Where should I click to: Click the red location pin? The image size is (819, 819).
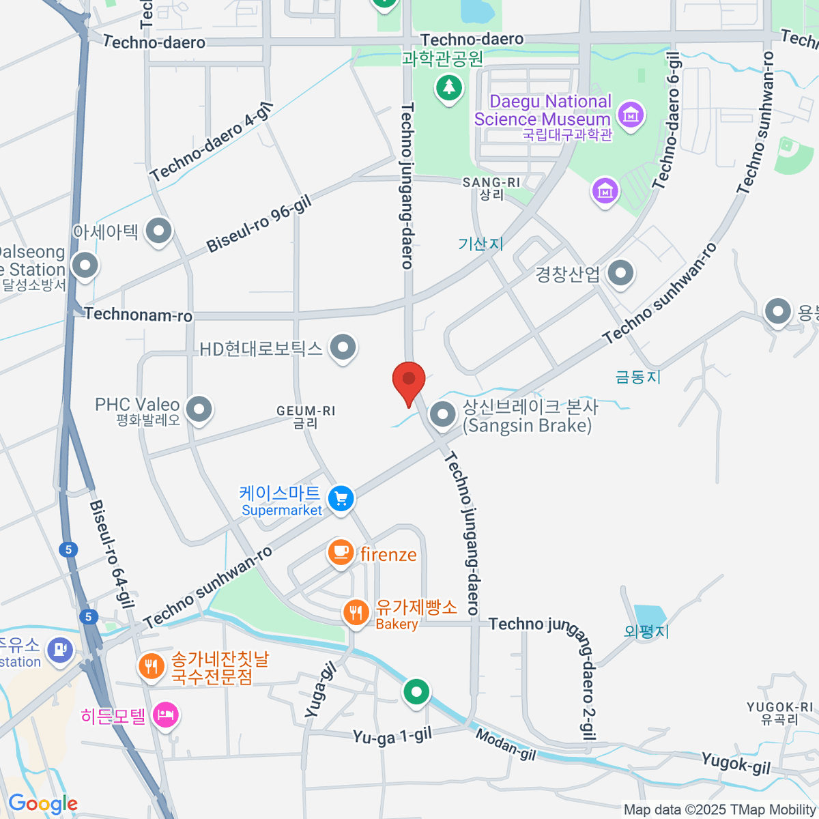click(x=409, y=379)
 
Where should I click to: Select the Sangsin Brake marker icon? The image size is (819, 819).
click(x=443, y=414)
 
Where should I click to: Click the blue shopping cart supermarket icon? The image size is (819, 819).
click(x=341, y=498)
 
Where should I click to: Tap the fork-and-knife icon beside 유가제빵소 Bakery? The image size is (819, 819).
click(x=355, y=612)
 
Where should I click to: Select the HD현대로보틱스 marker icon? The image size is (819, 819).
click(x=343, y=348)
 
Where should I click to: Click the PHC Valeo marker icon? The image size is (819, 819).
click(x=199, y=409)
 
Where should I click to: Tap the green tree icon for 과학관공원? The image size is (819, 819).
click(x=448, y=87)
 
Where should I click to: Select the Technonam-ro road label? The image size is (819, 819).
click(x=139, y=315)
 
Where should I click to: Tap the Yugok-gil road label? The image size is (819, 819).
click(x=736, y=763)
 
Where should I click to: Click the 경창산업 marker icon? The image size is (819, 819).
click(x=620, y=274)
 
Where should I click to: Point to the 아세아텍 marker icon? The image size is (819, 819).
click(x=159, y=231)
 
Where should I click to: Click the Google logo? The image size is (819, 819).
click(x=42, y=804)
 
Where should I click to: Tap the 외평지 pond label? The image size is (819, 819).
click(x=646, y=631)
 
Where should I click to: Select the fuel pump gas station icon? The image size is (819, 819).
click(x=61, y=648)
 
